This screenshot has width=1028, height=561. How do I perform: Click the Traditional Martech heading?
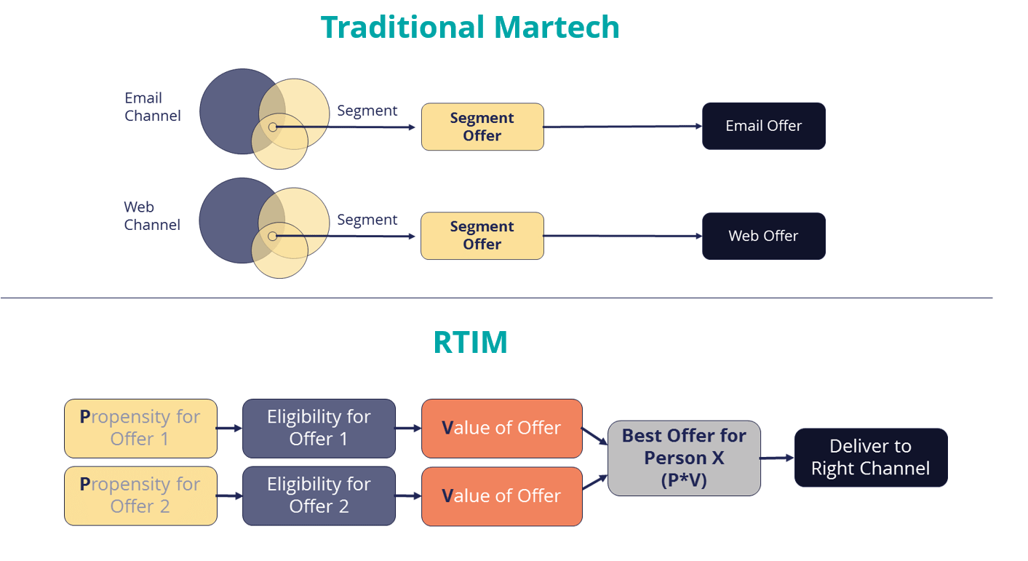click(x=470, y=27)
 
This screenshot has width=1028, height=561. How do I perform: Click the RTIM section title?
click(x=470, y=342)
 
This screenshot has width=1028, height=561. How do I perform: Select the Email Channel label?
click(x=152, y=107)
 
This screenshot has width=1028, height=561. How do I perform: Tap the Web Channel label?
click(x=151, y=216)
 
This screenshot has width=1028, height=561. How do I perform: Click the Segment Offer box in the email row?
click(x=482, y=127)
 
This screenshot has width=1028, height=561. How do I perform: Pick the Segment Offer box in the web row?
click(x=482, y=236)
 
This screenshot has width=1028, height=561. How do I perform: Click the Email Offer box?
click(x=763, y=126)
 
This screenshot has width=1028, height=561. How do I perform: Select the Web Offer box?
click(x=763, y=236)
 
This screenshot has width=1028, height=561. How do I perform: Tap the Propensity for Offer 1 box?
click(x=140, y=428)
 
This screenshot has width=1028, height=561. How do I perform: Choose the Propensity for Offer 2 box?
click(x=140, y=496)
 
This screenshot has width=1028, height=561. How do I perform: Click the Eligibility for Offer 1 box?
click(x=319, y=428)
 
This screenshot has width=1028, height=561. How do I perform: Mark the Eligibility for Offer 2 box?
click(x=319, y=496)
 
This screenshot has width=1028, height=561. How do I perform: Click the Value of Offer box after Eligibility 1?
click(x=501, y=428)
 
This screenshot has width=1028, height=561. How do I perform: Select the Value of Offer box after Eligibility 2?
click(x=501, y=496)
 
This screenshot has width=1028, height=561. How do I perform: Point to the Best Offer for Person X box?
click(x=684, y=458)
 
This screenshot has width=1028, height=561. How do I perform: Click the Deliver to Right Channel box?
click(x=870, y=457)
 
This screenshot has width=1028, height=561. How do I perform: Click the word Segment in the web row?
click(x=367, y=220)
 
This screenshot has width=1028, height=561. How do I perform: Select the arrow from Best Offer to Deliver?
click(x=777, y=458)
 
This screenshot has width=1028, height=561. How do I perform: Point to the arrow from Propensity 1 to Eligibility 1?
click(x=229, y=429)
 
